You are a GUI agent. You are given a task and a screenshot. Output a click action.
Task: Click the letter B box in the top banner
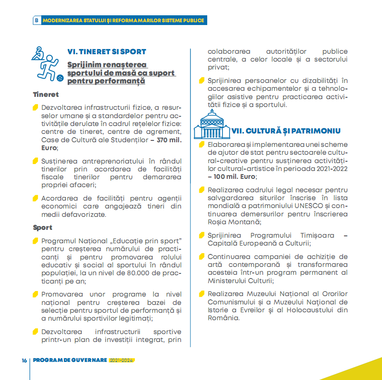click(36, 20)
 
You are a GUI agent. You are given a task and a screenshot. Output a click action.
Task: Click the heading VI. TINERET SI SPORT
click(107, 52)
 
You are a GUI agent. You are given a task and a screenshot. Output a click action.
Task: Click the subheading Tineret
click(46, 95)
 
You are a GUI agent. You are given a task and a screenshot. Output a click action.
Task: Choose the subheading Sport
click(43, 228)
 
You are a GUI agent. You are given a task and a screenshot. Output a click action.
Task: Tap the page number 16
click(24, 360)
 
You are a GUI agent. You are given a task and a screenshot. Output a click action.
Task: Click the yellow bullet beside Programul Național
click(35, 241)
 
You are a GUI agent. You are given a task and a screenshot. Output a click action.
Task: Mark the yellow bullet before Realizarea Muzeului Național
click(202, 294)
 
